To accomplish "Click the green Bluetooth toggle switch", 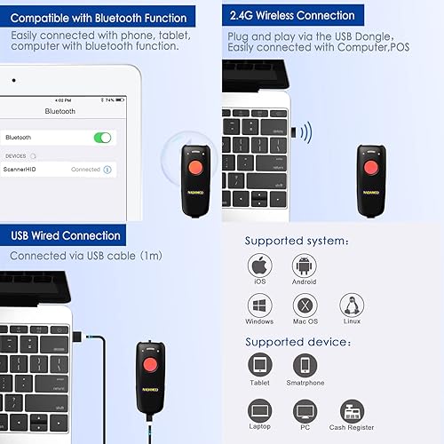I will [102, 138].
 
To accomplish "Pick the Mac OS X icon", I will [305, 306].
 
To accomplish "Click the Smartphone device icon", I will [305, 366].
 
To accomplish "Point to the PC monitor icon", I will [305, 409].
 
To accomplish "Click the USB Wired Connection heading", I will [66, 235].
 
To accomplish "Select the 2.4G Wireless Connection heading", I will [292, 15].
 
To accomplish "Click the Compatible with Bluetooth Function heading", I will [99, 17].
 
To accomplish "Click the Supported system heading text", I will [297, 241].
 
